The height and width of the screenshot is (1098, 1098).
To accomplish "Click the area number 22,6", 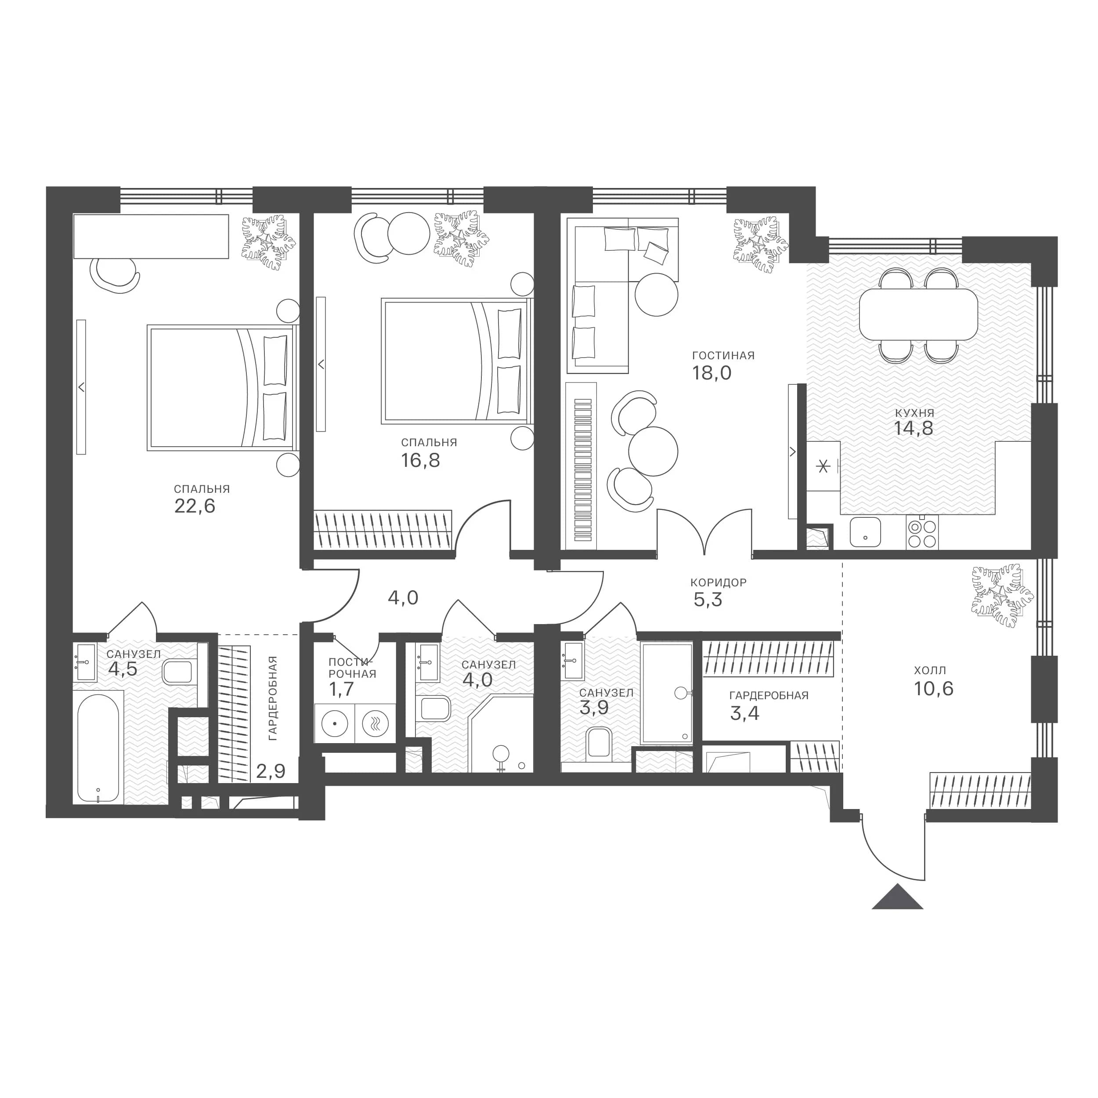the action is (x=195, y=506).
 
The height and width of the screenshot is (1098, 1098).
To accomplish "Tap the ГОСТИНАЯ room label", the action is (x=723, y=356).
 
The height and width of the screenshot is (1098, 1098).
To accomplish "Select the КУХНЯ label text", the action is (x=914, y=413).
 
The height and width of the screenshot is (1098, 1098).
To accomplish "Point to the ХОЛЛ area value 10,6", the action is (x=934, y=689).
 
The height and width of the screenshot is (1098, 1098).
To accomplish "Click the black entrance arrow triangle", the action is (x=897, y=897).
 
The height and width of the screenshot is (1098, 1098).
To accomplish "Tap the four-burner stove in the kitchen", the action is (x=922, y=534).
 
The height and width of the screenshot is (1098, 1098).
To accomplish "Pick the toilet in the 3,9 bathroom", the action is (x=599, y=742).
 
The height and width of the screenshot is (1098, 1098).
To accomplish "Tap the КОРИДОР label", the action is (x=719, y=582).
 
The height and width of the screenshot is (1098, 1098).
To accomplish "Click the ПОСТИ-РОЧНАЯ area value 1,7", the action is (x=342, y=690).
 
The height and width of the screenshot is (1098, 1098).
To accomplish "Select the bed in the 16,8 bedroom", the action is (x=455, y=361).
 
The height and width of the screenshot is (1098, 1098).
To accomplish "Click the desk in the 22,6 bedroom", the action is (x=151, y=236).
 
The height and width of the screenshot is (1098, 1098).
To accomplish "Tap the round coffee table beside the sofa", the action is (x=657, y=294).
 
